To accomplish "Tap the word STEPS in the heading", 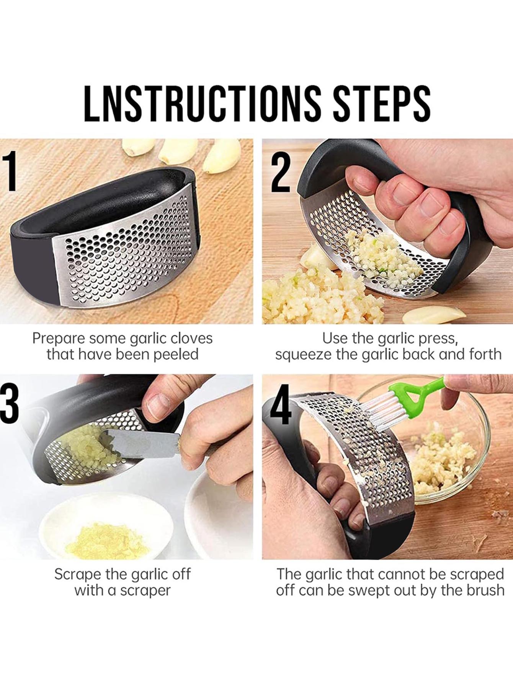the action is tap(382, 104).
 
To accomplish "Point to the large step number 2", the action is tap(281, 171).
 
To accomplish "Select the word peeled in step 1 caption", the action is tap(176, 355).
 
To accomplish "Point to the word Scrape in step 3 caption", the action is tap(78, 574).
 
